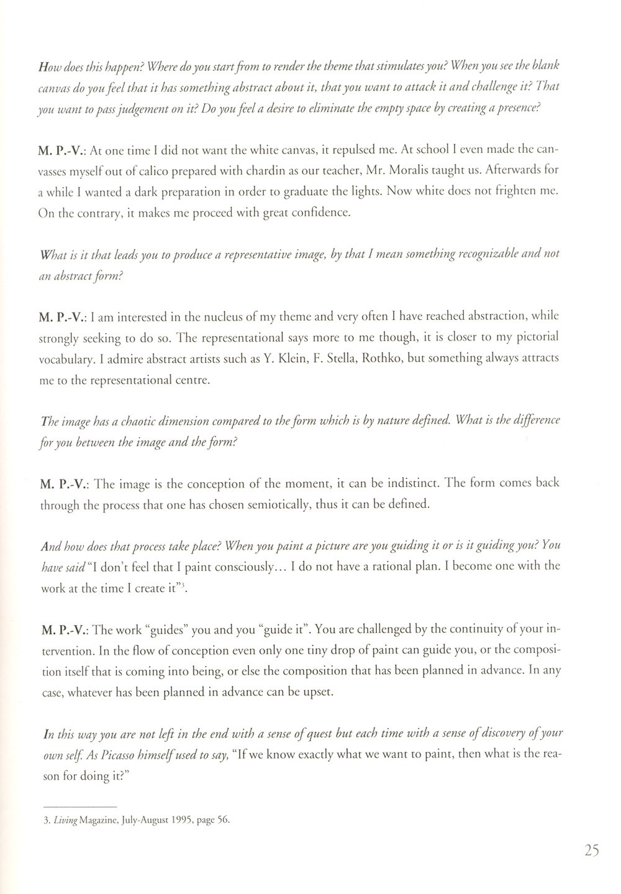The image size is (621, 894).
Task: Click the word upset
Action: (x=320, y=692)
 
